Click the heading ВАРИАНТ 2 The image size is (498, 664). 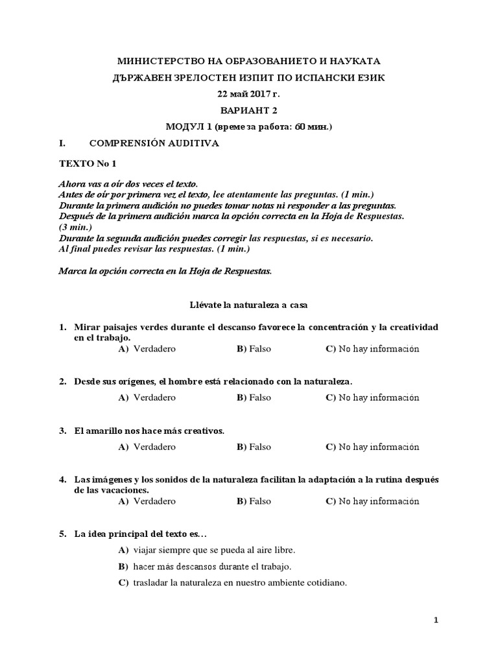(x=249, y=110)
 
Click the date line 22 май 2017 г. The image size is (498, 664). (x=249, y=94)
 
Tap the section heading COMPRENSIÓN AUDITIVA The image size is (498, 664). (x=154, y=143)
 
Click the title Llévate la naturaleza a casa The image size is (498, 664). (x=249, y=303)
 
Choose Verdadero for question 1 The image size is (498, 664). (x=154, y=349)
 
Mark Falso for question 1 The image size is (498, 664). (x=259, y=349)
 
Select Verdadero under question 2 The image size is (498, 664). (x=154, y=397)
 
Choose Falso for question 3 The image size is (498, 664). (x=259, y=447)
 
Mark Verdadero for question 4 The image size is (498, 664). (x=154, y=501)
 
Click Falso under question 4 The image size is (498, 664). (x=259, y=501)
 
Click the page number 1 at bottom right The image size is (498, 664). (x=436, y=621)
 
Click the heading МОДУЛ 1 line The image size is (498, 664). (x=249, y=127)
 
